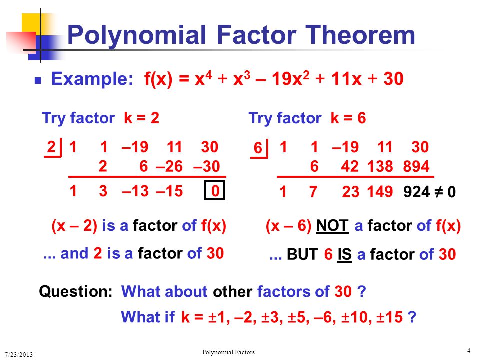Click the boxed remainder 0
215,191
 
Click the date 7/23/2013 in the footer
19,354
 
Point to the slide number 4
468,351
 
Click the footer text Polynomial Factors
228,352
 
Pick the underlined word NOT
332,226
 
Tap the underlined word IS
344,254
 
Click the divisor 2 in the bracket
51,147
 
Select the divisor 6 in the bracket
258,148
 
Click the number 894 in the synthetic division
416,167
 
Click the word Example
92,79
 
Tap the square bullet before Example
38,80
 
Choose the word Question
76,291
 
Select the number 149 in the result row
380,192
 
